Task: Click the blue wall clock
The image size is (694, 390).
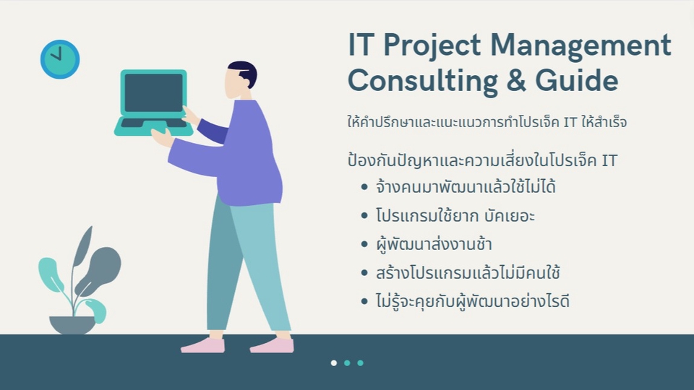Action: [x=60, y=59]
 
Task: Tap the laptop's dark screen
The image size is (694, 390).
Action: [x=153, y=92]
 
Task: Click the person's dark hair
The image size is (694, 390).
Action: [x=244, y=71]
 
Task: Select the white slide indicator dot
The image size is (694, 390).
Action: [x=334, y=363]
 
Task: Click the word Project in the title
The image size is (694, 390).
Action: [x=432, y=45]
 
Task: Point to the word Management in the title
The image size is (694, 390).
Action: [x=581, y=46]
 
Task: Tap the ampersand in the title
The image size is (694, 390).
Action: [x=516, y=80]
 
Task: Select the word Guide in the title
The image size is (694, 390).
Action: [x=577, y=79]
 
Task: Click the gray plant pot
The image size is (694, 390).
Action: [x=72, y=325]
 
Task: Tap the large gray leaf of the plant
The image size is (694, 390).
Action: [x=98, y=269]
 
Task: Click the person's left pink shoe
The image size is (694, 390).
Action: [x=202, y=345]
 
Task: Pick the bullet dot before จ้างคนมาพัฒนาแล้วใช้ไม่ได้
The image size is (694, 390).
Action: [x=364, y=187]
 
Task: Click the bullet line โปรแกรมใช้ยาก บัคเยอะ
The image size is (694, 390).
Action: [x=455, y=215]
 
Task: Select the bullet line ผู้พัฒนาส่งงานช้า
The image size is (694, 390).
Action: [x=434, y=244]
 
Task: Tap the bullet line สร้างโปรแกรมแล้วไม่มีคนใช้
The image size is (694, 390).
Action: [x=468, y=272]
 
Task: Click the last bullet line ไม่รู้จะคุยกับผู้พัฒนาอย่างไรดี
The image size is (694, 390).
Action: [x=472, y=301]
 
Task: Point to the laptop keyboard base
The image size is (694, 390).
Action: [x=153, y=127]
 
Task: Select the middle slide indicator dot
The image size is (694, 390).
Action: [x=347, y=363]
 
